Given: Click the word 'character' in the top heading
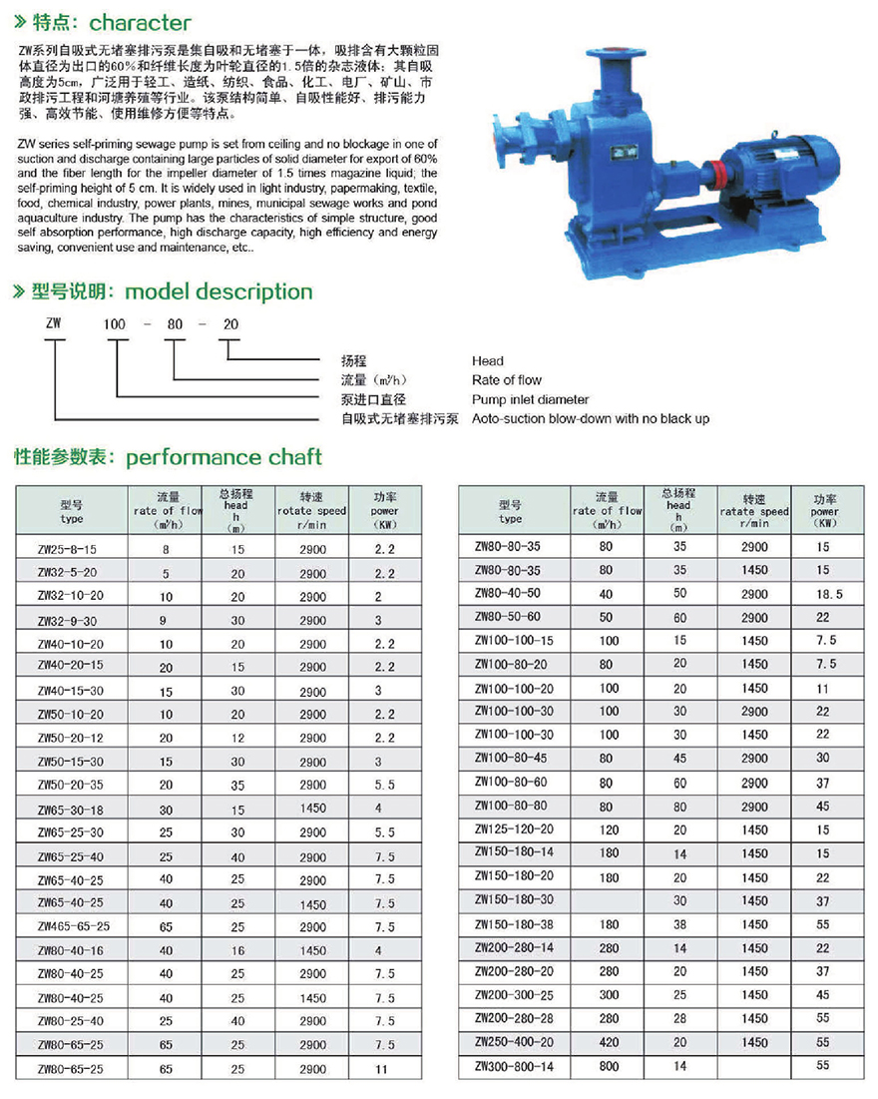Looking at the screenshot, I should (x=141, y=22).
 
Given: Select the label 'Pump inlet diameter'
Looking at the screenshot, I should (x=530, y=399).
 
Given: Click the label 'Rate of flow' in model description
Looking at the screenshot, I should (x=507, y=380).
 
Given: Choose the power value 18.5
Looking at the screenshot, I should (x=829, y=594).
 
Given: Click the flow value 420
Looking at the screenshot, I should (x=608, y=1042).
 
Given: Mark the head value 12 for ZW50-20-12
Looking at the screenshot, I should (x=237, y=738).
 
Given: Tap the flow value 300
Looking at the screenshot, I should (x=608, y=995).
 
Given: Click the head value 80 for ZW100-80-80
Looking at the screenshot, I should (x=679, y=807).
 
